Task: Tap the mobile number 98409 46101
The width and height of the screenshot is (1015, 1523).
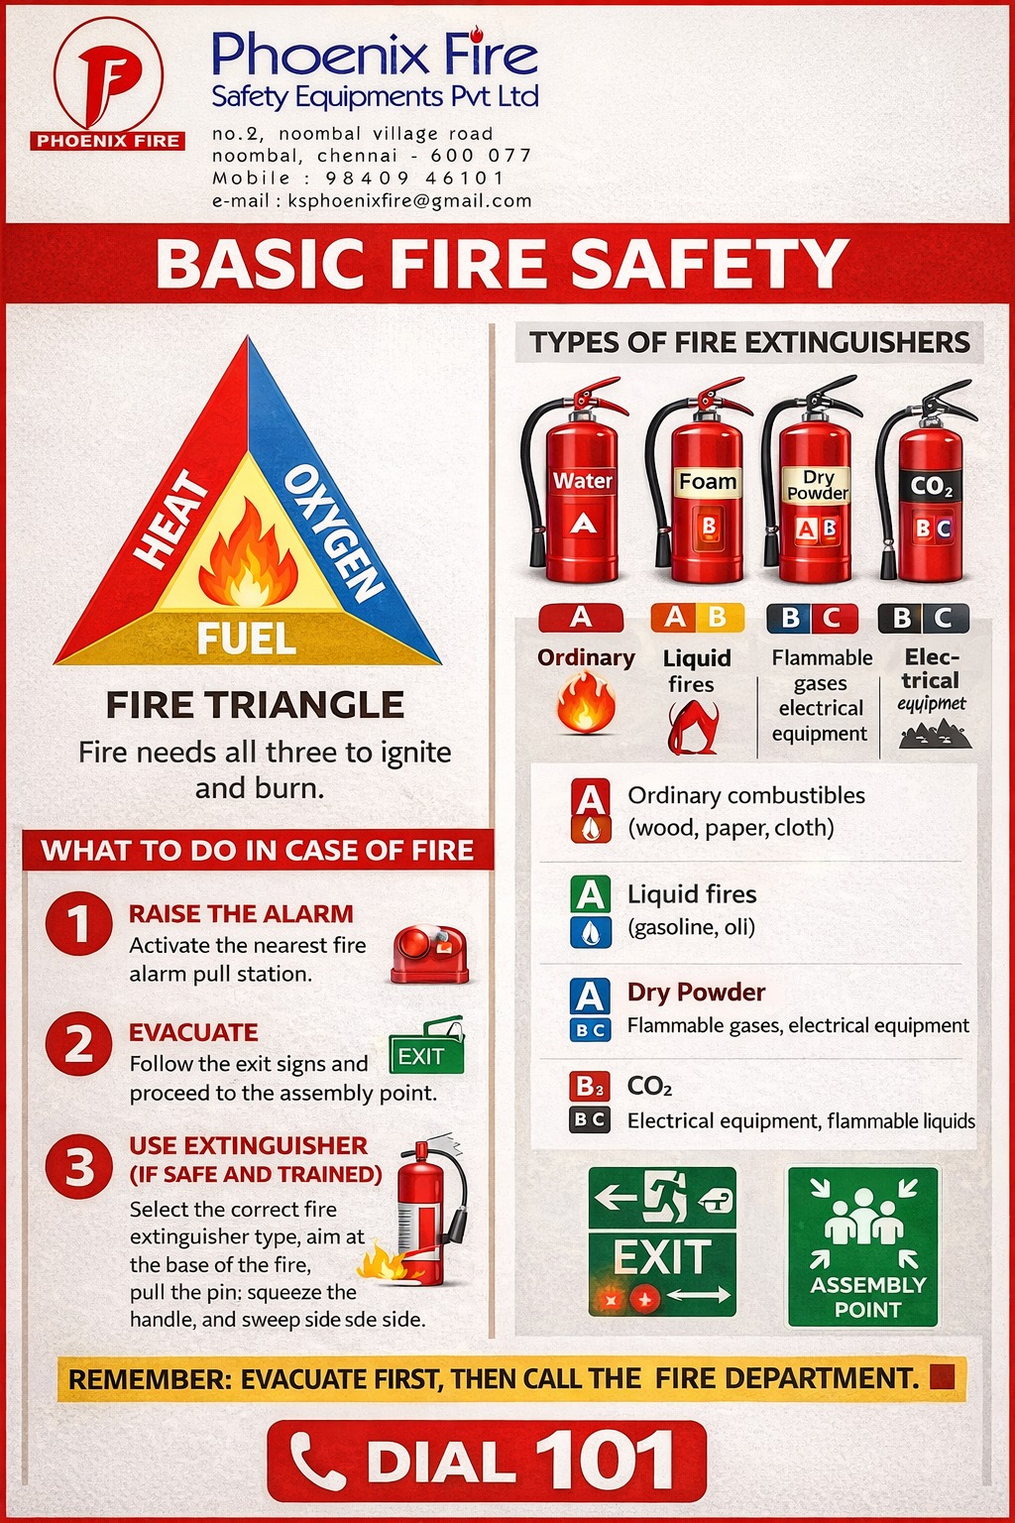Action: [414, 178]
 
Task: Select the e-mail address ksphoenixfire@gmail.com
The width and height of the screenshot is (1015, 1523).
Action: [410, 200]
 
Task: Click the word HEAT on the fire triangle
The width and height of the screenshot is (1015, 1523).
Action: [170, 519]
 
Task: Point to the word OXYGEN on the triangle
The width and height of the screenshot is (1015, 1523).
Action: [333, 533]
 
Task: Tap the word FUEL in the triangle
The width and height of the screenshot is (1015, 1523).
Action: [247, 640]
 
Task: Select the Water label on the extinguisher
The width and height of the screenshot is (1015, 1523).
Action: [583, 481]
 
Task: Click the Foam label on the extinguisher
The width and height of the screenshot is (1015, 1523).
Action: [707, 481]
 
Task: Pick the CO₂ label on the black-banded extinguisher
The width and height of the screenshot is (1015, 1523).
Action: [932, 486]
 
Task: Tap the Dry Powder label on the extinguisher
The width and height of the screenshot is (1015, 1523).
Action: [817, 485]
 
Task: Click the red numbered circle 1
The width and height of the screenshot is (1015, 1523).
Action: [79, 924]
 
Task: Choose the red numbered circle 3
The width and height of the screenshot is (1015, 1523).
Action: [79, 1166]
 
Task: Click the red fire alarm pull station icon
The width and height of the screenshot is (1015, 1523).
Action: [429, 955]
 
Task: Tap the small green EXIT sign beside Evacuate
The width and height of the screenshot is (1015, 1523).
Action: [427, 1047]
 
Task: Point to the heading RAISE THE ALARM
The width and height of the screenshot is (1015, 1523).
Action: [241, 914]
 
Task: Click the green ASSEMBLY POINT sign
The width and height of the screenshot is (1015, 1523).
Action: [862, 1247]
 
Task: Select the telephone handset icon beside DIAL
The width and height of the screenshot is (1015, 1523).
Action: [316, 1462]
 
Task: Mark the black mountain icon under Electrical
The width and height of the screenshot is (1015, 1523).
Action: [935, 735]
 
